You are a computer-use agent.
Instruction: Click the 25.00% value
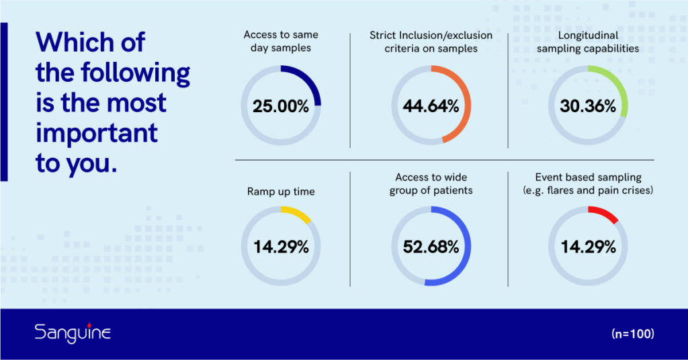coord(281,106)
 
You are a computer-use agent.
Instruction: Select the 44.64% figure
coord(431,106)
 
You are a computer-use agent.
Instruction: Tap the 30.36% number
coord(588,106)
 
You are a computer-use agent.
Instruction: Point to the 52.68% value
coord(431,247)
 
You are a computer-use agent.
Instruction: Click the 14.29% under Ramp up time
coord(281,247)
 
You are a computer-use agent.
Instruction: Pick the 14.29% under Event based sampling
coord(588,247)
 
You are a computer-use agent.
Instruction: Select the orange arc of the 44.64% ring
coord(467,105)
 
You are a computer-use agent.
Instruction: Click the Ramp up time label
coord(281,191)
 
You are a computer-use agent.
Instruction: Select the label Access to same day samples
coord(281,41)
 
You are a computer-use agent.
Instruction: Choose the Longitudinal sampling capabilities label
coord(588,42)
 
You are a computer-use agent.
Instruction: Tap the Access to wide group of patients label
coord(431,184)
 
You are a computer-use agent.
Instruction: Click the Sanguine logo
coord(73,333)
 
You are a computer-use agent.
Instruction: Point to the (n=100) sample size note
coord(633,334)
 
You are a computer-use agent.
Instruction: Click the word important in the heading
coord(97,133)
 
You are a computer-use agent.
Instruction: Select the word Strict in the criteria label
coord(384,35)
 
